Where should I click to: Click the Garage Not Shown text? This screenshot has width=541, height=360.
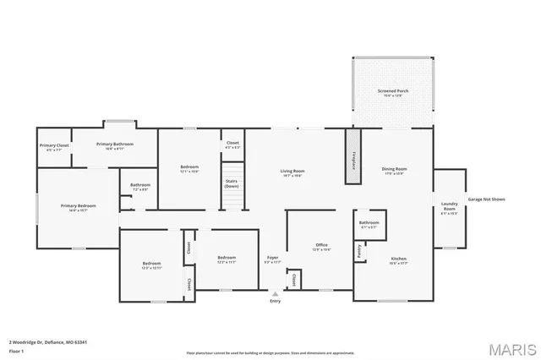click(486, 199)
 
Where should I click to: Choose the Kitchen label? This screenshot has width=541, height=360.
click(399, 259)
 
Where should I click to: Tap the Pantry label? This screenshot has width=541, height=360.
click(359, 250)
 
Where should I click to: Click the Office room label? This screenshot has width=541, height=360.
click(322, 246)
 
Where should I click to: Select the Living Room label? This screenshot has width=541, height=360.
click(292, 172)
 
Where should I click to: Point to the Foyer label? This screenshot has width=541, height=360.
click(272, 258)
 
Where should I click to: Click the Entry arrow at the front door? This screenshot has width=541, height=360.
click(275, 293)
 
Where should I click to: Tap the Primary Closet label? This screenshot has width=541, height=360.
click(54, 146)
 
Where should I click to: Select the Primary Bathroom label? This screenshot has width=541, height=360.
click(115, 145)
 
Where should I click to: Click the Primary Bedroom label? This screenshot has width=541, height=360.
click(78, 205)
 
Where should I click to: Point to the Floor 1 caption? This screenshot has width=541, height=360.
click(17, 351)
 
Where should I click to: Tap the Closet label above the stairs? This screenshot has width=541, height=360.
click(232, 143)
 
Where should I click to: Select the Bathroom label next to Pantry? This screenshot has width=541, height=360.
click(369, 223)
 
